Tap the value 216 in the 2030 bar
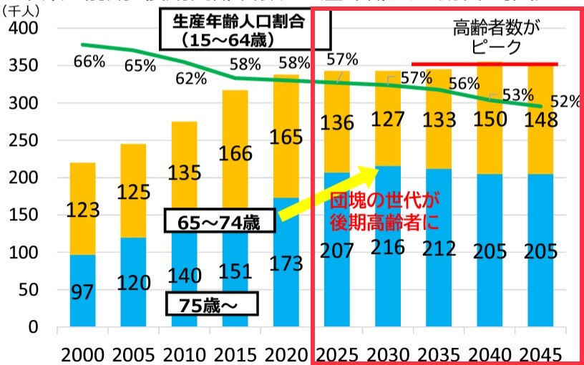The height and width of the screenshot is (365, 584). tap(387, 248)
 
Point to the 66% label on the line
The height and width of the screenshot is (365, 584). tap(89, 61)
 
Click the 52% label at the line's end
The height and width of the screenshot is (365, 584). tap(565, 102)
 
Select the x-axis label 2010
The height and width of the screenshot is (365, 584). tap(182, 353)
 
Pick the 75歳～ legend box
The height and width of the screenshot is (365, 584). tap(210, 304)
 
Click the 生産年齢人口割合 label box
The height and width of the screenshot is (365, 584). tap(244, 30)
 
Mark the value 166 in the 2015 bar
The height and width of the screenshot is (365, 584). tap(234, 153)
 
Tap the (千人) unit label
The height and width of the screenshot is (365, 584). tap(21, 9)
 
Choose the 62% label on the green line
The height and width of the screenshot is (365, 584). tap(191, 79)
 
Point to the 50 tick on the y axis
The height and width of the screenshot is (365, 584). tap(29, 291)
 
